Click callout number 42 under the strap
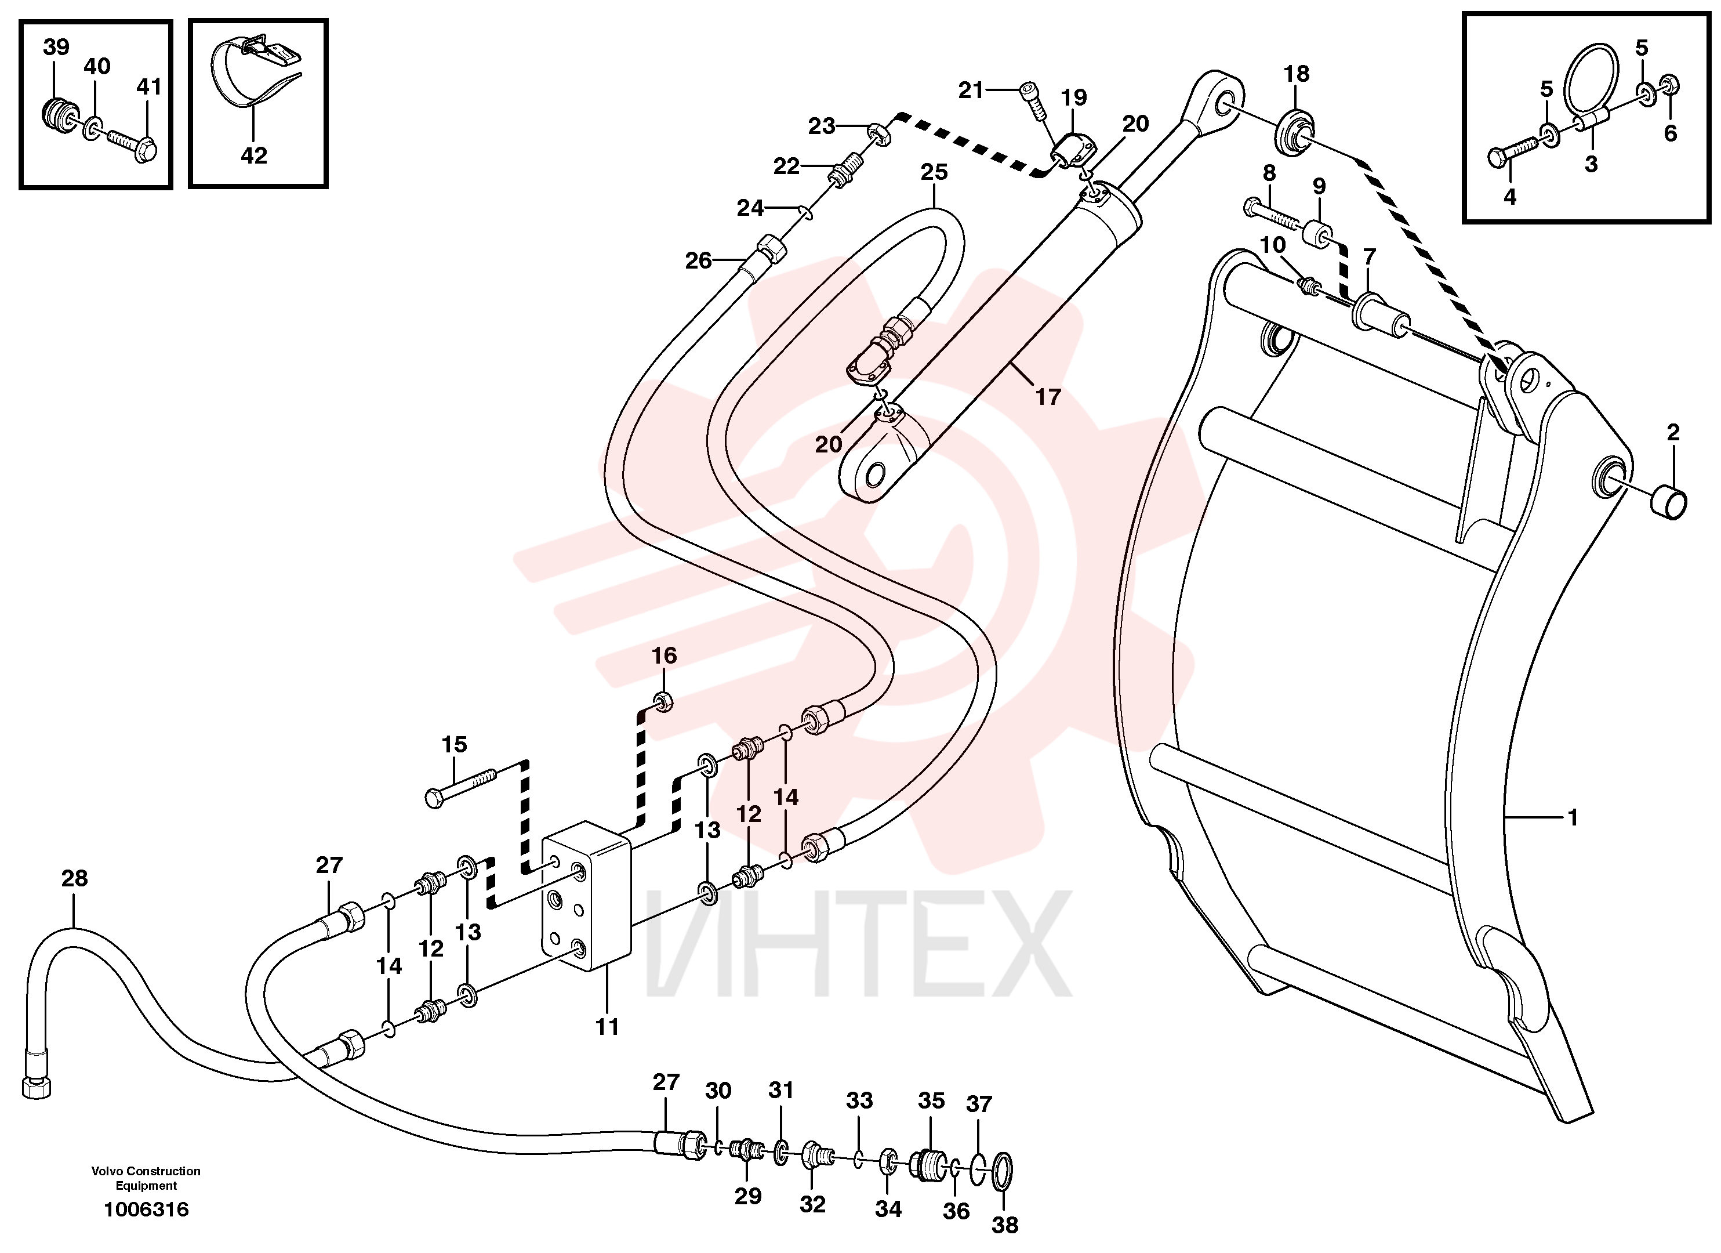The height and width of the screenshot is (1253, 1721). [x=253, y=155]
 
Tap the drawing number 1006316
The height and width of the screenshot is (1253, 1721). [x=147, y=1209]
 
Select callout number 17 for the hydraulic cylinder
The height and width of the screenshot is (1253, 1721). [x=1048, y=396]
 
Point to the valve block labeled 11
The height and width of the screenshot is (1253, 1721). [x=587, y=896]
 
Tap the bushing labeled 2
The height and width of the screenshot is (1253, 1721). [x=1669, y=502]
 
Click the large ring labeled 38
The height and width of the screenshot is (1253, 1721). [x=1001, y=1172]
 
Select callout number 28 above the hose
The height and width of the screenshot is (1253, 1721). [x=74, y=878]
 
